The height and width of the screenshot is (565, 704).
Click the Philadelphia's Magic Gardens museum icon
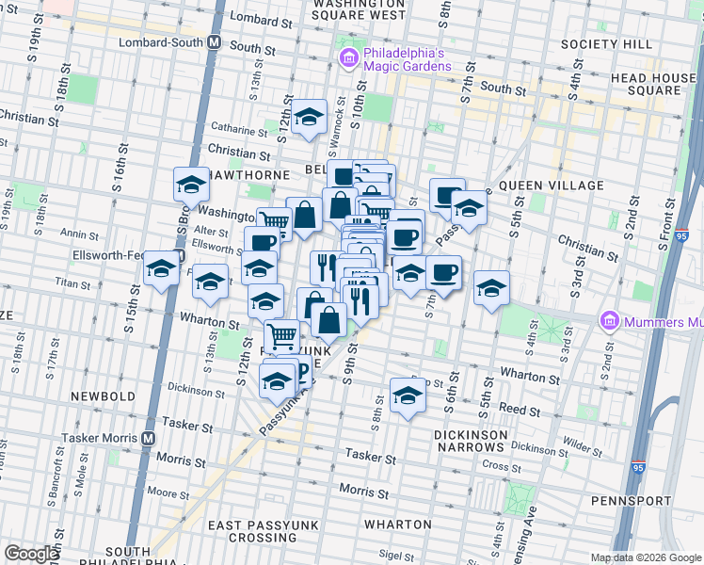pos(348,59)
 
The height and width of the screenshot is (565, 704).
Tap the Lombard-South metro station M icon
pos(215,43)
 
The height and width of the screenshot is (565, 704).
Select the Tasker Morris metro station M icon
pos(149,438)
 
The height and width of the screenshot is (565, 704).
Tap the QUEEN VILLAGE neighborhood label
pos(544,186)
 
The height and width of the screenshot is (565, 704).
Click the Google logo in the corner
pos(31,554)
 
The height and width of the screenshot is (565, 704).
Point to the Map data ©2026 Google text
pos(645,557)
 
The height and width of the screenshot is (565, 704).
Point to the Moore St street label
pos(168,492)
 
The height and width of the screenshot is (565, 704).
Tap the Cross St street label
pos(495,465)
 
